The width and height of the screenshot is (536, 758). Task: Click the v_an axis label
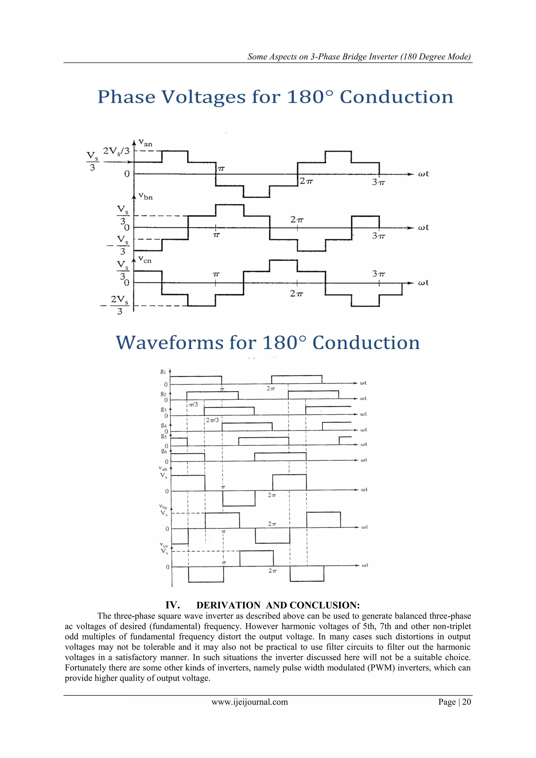point(145,143)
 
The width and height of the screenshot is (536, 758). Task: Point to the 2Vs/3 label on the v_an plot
point(116,151)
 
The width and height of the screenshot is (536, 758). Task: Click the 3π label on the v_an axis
point(378,182)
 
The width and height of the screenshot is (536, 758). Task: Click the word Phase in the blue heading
point(126,97)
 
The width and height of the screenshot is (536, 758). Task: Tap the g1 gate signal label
point(163,371)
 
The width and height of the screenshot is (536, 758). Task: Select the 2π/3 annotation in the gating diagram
point(212,420)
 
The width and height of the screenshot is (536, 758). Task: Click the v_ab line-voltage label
point(163,469)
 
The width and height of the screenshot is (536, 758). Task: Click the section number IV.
point(172,605)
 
